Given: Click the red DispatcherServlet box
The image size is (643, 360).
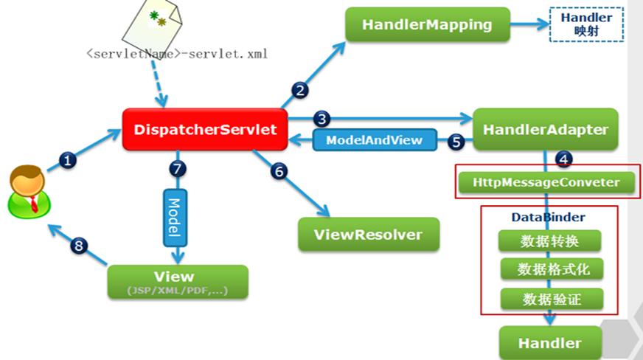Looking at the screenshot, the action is (205, 130).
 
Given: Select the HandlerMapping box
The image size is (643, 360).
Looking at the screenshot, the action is (427, 24).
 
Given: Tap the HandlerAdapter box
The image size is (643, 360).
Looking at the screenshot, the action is (546, 130).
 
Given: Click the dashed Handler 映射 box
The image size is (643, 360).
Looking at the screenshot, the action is (586, 24).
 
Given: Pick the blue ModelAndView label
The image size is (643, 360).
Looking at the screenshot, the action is (375, 140).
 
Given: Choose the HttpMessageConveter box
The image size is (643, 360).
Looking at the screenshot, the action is (546, 182).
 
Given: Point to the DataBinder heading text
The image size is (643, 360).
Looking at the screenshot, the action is (549, 217).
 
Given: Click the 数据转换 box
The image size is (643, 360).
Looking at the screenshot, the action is (549, 241).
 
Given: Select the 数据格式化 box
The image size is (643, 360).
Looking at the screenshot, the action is (552, 269).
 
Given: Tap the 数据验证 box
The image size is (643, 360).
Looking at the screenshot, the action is (552, 300).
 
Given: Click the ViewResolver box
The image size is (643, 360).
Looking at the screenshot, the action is (369, 235).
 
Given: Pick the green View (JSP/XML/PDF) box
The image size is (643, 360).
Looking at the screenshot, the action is (178, 282).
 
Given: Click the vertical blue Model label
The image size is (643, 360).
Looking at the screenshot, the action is (175, 218).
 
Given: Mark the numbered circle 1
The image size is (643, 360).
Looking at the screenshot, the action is (68, 160).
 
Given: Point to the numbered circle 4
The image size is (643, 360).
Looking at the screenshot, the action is (564, 159).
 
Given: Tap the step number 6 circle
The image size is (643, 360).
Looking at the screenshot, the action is (279, 171).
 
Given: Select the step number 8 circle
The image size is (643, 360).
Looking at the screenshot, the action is (79, 246).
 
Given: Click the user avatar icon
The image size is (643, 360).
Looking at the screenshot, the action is (29, 192).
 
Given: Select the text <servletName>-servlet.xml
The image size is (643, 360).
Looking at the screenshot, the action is (177, 54).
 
